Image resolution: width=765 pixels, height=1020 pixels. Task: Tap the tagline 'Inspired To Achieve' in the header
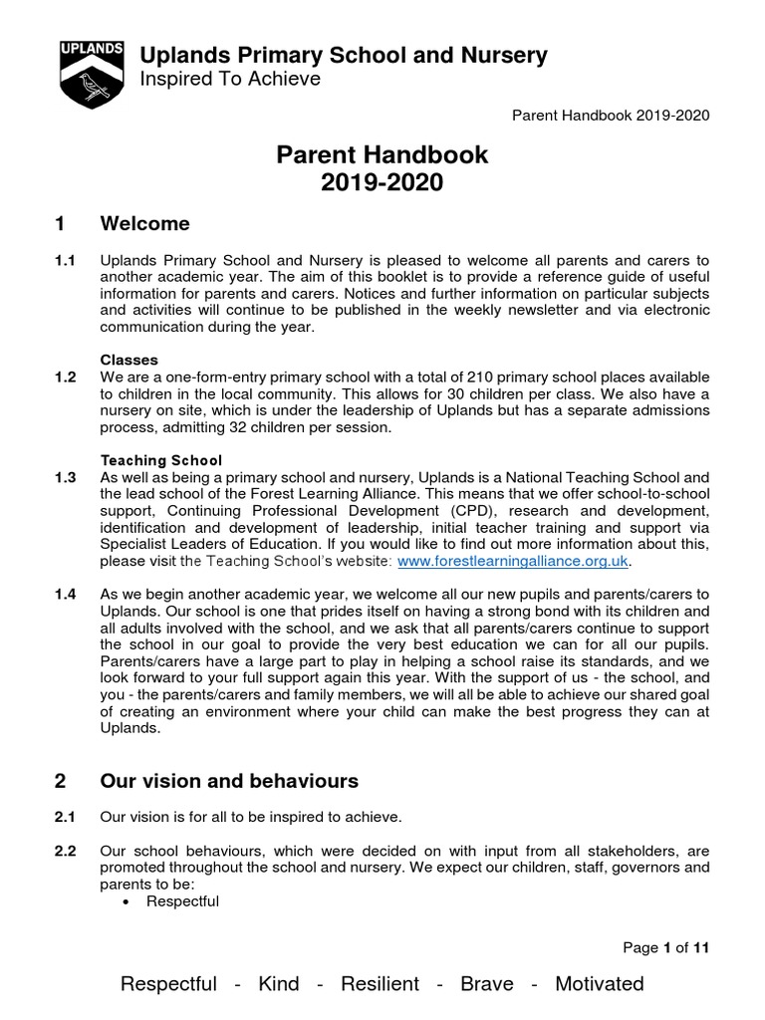click(x=230, y=80)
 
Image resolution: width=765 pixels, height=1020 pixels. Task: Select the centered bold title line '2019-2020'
click(x=382, y=182)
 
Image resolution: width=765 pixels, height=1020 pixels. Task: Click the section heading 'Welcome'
click(x=145, y=223)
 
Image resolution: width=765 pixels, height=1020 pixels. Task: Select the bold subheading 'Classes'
click(x=128, y=359)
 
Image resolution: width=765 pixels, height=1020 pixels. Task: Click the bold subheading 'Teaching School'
click(x=161, y=460)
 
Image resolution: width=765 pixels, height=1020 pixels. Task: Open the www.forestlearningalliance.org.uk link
click(x=514, y=562)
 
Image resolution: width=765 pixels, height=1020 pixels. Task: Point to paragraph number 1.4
click(x=65, y=595)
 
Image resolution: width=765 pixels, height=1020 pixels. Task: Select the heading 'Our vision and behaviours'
click(x=229, y=781)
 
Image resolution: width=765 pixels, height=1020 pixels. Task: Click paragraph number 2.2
click(x=65, y=852)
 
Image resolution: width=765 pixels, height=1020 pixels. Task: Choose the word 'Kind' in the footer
click(x=278, y=984)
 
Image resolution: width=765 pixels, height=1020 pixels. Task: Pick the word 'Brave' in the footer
click(x=487, y=984)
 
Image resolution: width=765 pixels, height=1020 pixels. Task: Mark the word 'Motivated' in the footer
click(x=599, y=984)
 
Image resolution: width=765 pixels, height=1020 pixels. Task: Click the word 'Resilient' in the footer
click(x=380, y=984)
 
